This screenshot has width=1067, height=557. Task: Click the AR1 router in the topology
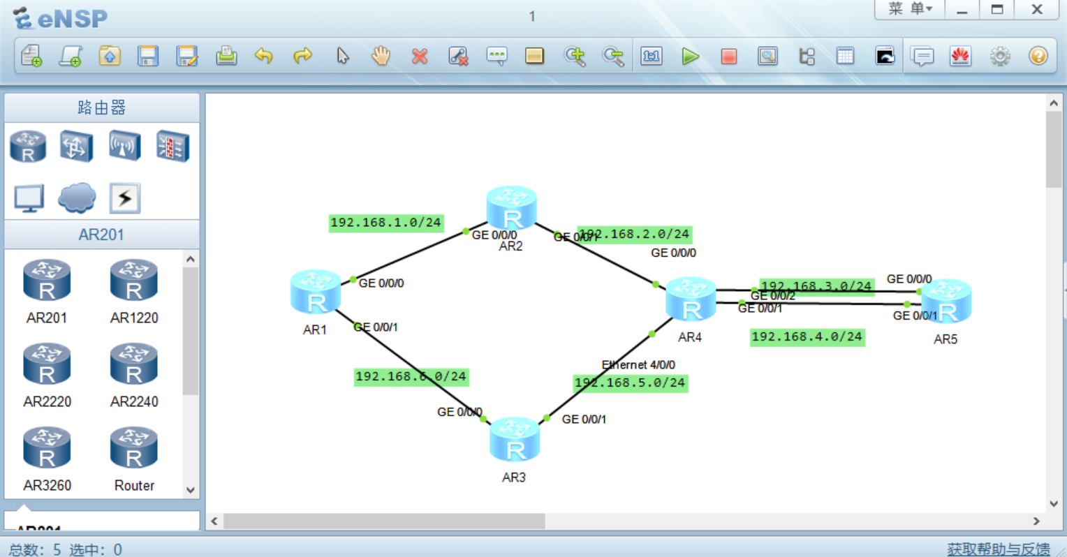tap(316, 292)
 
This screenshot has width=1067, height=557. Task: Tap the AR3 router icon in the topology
tap(515, 440)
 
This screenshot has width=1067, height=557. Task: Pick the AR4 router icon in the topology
tap(691, 299)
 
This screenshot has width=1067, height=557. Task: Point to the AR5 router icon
tap(946, 302)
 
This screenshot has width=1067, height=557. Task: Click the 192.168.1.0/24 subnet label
tap(385, 223)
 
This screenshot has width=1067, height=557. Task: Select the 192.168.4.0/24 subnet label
tap(807, 337)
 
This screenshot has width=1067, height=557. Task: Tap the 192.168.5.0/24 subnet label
tap(630, 383)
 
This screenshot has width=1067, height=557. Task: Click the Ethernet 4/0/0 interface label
tap(638, 364)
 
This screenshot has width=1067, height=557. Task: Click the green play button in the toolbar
tap(691, 57)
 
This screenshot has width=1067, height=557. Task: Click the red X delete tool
tap(420, 57)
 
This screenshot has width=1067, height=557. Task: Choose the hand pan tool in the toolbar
tap(381, 56)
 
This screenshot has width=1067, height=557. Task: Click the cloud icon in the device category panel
tap(77, 198)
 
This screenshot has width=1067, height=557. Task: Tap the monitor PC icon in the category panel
tap(29, 198)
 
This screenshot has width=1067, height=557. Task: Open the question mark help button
tap(1038, 56)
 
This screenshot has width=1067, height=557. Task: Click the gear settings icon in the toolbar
tap(1000, 57)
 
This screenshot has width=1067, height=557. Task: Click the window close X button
tap(1037, 10)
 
